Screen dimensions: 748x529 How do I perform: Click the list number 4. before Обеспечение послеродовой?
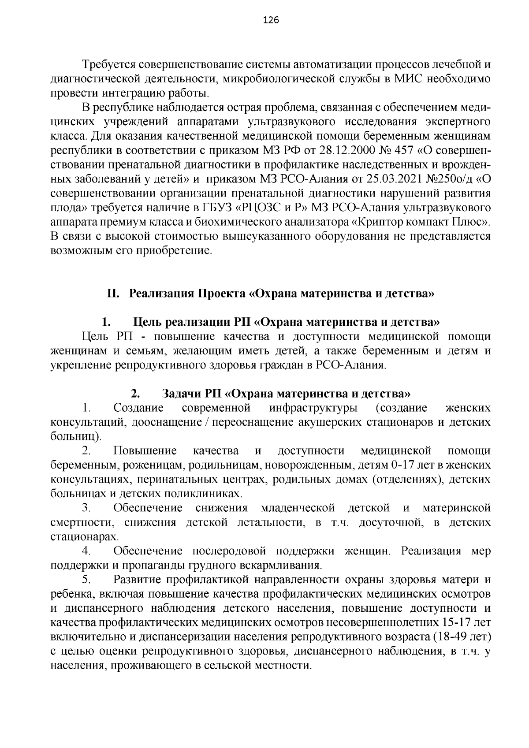click(x=86, y=551)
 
